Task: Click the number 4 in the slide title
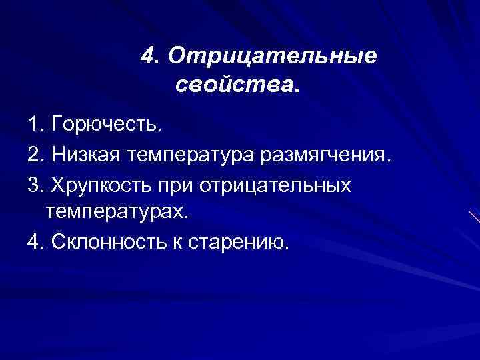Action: click(x=147, y=57)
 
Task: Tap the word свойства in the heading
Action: click(x=235, y=85)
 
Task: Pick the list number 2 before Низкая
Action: click(x=34, y=155)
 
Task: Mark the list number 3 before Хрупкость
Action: click(x=34, y=185)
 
